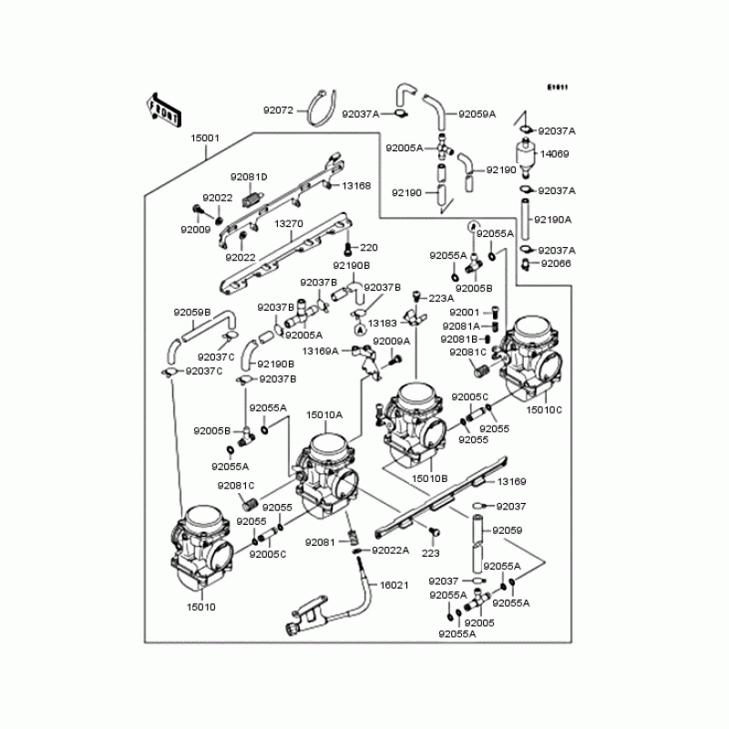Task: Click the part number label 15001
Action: pyautogui.click(x=205, y=138)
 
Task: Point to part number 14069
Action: pyautogui.click(x=555, y=154)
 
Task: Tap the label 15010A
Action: pyautogui.click(x=323, y=415)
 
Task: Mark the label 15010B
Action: pyautogui.click(x=429, y=477)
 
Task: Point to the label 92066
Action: pyautogui.click(x=555, y=263)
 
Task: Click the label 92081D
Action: pyautogui.click(x=248, y=177)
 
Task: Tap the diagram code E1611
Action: pyautogui.click(x=557, y=87)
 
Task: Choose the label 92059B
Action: pyautogui.click(x=192, y=313)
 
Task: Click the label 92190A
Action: pyautogui.click(x=553, y=220)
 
